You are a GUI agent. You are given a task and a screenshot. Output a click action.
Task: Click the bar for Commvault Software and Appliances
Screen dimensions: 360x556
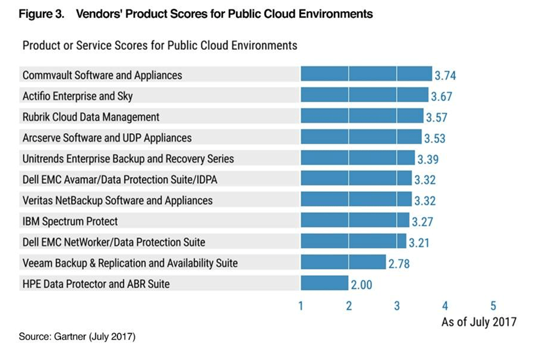[366, 74]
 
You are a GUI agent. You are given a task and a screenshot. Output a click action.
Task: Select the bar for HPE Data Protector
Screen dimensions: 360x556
[324, 284]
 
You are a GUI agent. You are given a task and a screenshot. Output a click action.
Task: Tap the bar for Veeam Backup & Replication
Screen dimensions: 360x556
[343, 263]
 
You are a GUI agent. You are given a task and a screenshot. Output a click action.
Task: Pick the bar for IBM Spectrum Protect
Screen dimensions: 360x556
[355, 220]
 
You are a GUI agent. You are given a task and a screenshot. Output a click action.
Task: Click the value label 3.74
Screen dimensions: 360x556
[445, 76]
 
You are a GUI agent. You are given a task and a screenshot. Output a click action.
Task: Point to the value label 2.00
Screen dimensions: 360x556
[362, 285]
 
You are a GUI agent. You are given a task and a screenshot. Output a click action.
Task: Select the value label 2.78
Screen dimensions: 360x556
[399, 264]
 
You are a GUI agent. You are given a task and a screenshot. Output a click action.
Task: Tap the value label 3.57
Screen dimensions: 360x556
[436, 117]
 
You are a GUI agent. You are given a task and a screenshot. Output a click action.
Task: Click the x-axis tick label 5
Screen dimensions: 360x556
[493, 305]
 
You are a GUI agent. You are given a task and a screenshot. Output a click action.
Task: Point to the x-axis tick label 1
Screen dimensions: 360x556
[301, 305]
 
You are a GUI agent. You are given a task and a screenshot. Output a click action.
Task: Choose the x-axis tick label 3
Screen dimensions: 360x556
[397, 305]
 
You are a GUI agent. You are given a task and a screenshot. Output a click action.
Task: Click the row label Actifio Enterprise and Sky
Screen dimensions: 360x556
[82, 96]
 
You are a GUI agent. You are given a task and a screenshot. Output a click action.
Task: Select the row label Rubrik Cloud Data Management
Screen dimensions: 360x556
[91, 117]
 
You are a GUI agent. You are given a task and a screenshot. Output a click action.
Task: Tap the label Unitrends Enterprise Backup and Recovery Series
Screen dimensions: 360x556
[128, 159]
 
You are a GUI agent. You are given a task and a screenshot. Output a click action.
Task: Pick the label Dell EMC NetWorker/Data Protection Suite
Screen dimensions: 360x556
[114, 242]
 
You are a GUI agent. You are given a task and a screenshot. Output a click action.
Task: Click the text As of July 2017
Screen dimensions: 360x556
[479, 322]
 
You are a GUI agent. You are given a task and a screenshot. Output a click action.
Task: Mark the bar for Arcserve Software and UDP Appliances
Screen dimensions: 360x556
[361, 137]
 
